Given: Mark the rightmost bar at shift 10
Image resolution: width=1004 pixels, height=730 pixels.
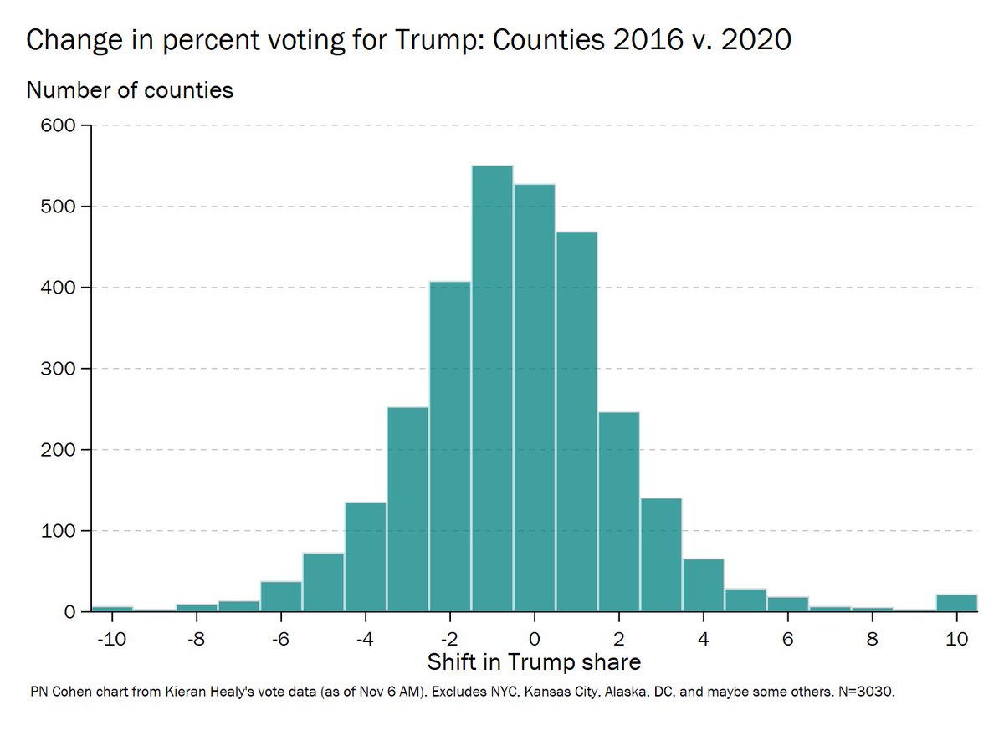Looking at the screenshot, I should click(x=956, y=603).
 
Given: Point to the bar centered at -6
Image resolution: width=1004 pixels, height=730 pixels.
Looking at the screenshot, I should click(x=281, y=597).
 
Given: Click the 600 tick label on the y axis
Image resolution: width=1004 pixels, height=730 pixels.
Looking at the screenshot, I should click(x=58, y=126).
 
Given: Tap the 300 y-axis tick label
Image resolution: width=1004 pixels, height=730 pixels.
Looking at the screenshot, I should click(x=58, y=369).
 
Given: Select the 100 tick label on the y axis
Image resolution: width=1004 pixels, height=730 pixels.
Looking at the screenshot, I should click(x=58, y=531).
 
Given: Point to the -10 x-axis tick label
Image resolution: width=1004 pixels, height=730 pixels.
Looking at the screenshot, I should click(x=110, y=637).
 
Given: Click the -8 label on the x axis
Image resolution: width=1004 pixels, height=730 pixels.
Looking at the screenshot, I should click(x=197, y=637).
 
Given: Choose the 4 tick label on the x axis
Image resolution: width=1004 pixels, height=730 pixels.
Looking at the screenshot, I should click(x=703, y=637).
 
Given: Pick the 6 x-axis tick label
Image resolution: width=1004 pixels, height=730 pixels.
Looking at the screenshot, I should click(x=787, y=637).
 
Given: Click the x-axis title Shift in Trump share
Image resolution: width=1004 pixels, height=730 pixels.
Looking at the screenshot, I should click(x=534, y=663).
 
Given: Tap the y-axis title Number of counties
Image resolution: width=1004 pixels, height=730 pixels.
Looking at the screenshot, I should click(x=130, y=89).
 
